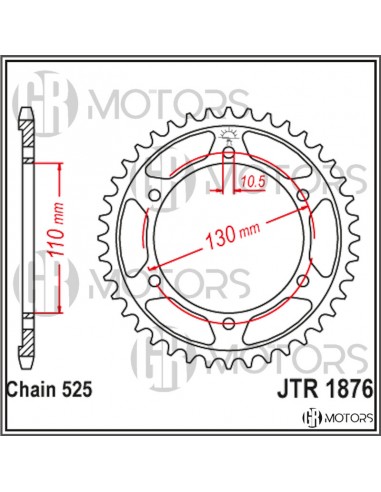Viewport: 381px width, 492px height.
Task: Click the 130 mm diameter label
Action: (x=235, y=236)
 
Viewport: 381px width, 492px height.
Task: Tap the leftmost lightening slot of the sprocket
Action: (x=141, y=238)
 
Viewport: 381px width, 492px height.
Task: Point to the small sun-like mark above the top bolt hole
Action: (x=230, y=135)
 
